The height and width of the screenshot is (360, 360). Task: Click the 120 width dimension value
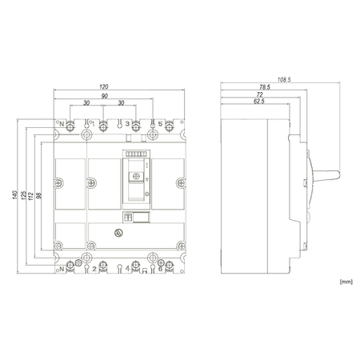104,86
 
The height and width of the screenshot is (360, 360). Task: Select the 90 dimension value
105,96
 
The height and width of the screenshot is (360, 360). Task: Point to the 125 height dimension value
23,195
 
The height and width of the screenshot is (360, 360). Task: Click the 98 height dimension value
39,195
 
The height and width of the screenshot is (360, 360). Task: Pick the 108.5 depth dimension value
284,79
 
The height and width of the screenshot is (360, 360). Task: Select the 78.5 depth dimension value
265,87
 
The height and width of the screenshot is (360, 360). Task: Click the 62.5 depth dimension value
259,102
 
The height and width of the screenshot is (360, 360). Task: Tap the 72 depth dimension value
259,94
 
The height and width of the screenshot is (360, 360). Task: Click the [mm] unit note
346,282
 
